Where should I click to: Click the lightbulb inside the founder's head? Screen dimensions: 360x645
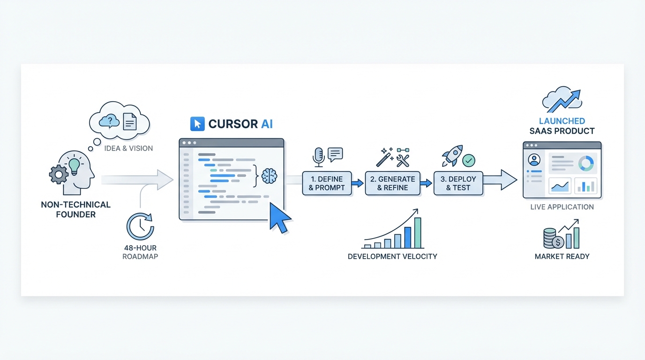pos(75,166)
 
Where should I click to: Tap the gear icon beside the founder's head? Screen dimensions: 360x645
pos(58,175)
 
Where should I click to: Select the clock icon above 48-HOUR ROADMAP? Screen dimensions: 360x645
pos(140,227)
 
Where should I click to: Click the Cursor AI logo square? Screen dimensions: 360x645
pos(197,124)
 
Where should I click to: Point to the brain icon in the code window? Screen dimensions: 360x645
pos(269,176)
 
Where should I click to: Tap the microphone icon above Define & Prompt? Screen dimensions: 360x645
pos(319,157)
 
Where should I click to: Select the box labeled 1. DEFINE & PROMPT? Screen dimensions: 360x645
pos(327,183)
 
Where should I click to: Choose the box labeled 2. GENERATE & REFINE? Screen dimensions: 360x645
pos(392,183)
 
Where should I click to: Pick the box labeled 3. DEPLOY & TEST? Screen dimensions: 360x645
pos(458,183)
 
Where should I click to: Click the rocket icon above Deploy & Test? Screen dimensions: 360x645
pos(452,156)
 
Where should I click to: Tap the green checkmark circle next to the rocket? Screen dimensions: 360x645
pos(469,161)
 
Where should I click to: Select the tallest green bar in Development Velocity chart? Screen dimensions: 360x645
pos(417,232)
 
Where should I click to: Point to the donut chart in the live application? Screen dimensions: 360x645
pos(586,163)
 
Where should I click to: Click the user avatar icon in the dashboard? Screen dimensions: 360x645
pos(534,160)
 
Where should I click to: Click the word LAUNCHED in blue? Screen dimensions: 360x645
pos(562,121)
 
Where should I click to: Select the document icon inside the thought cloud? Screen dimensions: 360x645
pos(129,121)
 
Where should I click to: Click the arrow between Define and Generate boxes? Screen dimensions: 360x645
pos(358,183)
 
